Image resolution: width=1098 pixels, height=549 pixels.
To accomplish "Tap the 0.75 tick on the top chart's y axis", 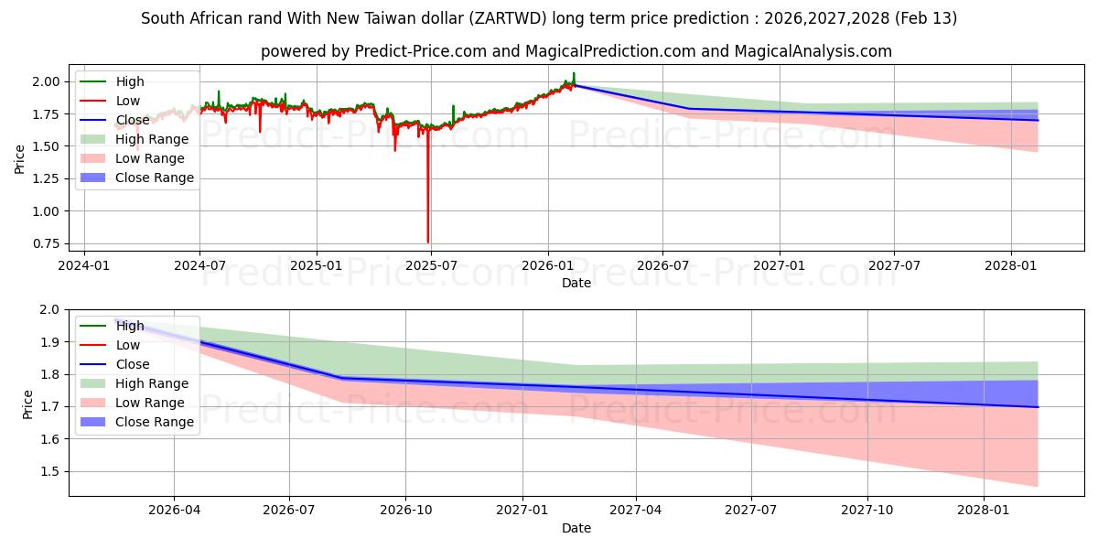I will point(47,243).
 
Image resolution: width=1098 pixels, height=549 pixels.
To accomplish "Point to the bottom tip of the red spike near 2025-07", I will point(427,242).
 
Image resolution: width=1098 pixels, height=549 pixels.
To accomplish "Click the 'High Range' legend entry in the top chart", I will point(152,139).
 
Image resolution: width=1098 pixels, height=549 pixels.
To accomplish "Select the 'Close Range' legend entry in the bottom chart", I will point(154,422).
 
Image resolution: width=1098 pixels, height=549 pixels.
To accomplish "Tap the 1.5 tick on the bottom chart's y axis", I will point(51,471).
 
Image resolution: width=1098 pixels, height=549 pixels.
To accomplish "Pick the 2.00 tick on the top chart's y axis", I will point(47,81).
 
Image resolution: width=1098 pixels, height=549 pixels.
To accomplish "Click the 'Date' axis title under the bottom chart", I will point(576,528).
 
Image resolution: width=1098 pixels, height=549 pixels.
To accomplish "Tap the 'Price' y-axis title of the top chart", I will point(20,159).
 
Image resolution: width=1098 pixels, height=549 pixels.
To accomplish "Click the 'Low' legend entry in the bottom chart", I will point(128,345).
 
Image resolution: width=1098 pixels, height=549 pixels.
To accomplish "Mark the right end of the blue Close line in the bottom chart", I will point(1038,406).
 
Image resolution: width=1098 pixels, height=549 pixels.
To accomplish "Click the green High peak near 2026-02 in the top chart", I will point(574,72).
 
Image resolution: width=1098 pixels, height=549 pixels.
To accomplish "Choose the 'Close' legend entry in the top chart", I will point(133,120).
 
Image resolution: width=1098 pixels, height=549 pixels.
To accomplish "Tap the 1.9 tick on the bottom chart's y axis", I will point(51,342).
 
